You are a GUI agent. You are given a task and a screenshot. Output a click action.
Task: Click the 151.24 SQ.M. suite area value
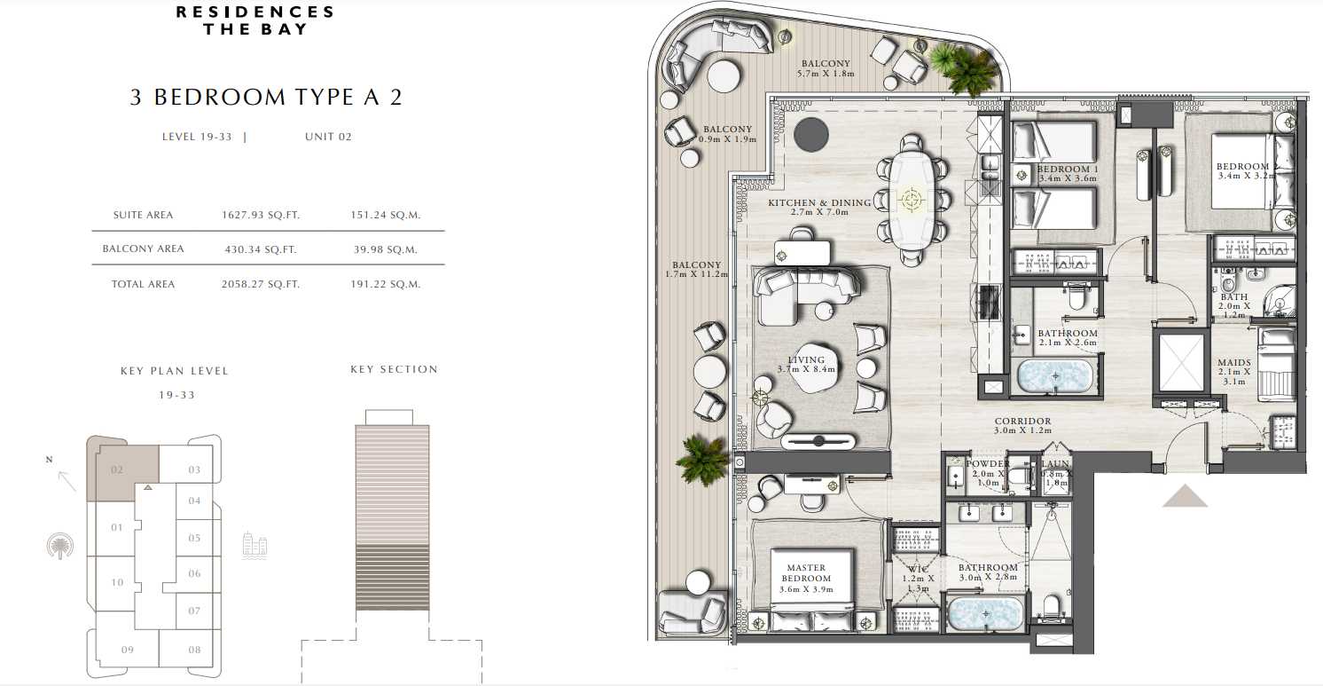[385, 215]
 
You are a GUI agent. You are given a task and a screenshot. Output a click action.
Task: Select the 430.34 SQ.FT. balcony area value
[261, 249]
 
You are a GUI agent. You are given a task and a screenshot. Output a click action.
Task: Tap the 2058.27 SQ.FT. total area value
[261, 284]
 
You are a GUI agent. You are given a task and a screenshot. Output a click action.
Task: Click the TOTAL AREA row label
[143, 284]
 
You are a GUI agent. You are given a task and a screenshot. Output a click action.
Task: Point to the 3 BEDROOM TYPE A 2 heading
[266, 97]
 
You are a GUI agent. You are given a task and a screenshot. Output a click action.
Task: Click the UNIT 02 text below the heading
[328, 137]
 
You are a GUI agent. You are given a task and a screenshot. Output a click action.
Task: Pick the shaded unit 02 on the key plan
[122, 469]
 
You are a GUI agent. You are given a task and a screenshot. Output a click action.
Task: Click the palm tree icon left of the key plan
[60, 546]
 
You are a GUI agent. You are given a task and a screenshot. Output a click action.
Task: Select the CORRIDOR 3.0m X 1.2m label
[1022, 425]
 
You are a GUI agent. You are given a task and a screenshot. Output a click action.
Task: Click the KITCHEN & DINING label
[819, 202]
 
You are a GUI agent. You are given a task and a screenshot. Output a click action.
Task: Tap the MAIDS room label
[1233, 362]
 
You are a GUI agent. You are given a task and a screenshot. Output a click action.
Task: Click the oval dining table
[912, 200]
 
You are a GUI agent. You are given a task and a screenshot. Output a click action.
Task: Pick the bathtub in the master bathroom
[985, 613]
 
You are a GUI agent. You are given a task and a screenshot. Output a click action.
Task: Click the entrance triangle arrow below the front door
[1185, 496]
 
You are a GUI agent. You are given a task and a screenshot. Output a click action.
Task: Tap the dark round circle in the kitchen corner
[811, 135]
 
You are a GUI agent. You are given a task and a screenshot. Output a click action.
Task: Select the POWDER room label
[987, 464]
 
